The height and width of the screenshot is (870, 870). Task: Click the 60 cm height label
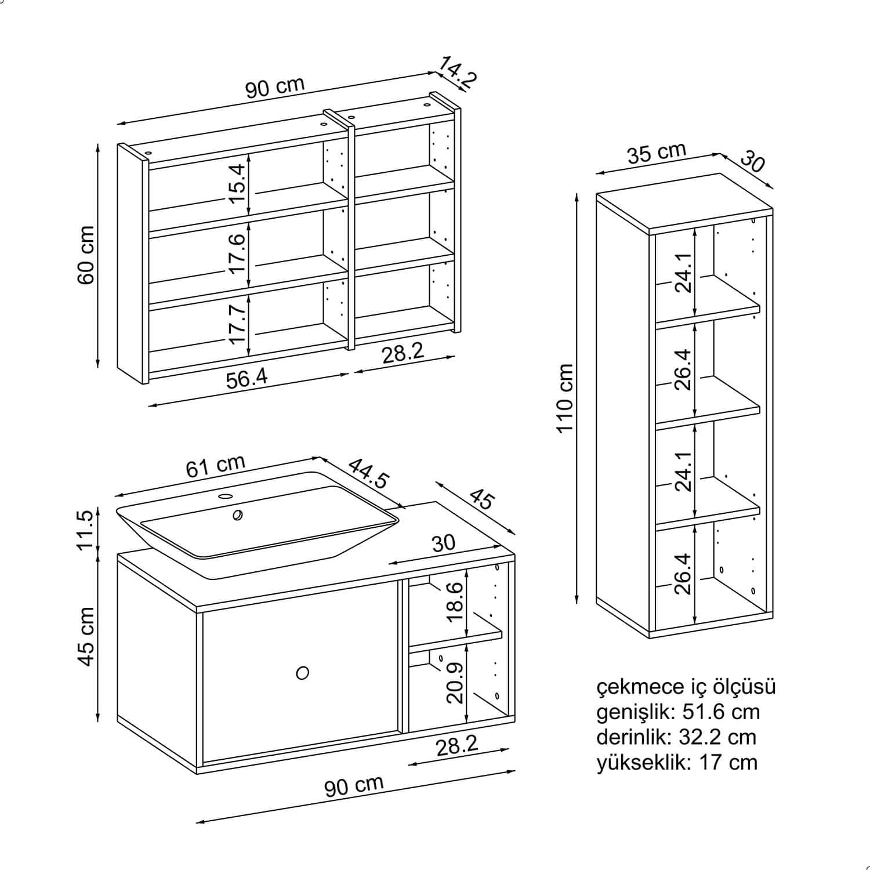[86, 255]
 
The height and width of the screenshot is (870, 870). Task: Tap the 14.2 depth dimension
[456, 72]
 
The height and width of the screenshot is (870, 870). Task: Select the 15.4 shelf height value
[237, 183]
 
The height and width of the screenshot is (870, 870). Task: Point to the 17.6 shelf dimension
[237, 254]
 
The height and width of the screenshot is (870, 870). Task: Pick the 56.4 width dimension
[246, 379]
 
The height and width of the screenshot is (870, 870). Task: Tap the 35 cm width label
[657, 153]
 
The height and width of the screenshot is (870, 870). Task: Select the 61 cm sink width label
[216, 466]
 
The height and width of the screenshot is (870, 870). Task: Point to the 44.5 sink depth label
[369, 473]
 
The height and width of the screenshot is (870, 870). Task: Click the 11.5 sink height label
[85, 530]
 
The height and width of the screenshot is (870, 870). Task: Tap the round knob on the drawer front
[302, 673]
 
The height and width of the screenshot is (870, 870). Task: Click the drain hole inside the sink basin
[237, 515]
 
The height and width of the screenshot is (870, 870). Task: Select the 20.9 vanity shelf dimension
[456, 683]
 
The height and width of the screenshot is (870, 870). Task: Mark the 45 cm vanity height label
[86, 636]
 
